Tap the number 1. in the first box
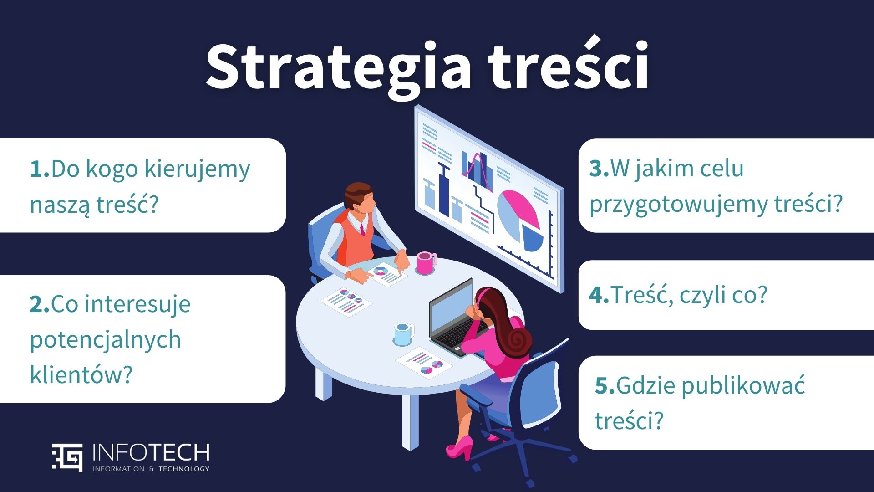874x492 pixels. (x=40, y=169)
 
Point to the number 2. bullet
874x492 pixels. (x=40, y=304)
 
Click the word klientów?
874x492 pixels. (x=81, y=374)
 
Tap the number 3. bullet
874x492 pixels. (x=599, y=169)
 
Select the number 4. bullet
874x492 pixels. (x=599, y=295)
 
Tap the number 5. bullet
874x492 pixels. (x=605, y=386)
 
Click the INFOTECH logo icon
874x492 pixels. (x=67, y=457)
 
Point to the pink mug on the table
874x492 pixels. (x=426, y=263)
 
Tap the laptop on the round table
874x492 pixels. (x=453, y=319)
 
